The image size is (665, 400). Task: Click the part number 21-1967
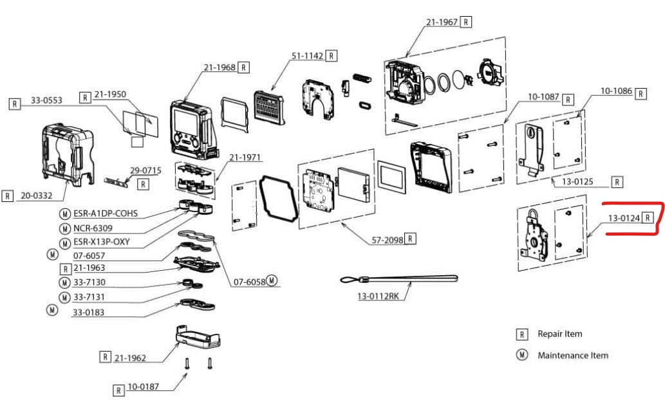442,22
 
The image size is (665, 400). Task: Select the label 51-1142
307,55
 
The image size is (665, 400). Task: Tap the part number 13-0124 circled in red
624,218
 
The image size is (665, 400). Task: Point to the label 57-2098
387,240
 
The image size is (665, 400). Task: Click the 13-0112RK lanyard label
378,296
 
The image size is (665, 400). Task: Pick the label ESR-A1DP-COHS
106,213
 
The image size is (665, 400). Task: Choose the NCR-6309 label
93,228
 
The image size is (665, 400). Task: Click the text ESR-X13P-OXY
101,242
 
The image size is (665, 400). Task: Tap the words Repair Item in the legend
560,334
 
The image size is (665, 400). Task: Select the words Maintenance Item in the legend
572,355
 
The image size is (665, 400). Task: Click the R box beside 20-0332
8,196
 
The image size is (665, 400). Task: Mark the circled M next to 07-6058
272,280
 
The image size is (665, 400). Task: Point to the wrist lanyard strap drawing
398,279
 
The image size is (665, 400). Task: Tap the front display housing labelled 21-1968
192,130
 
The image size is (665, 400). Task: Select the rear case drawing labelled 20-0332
68,155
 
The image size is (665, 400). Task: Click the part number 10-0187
143,386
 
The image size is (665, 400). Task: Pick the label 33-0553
46,100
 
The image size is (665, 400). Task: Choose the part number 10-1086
616,91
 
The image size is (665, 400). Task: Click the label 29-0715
145,170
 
